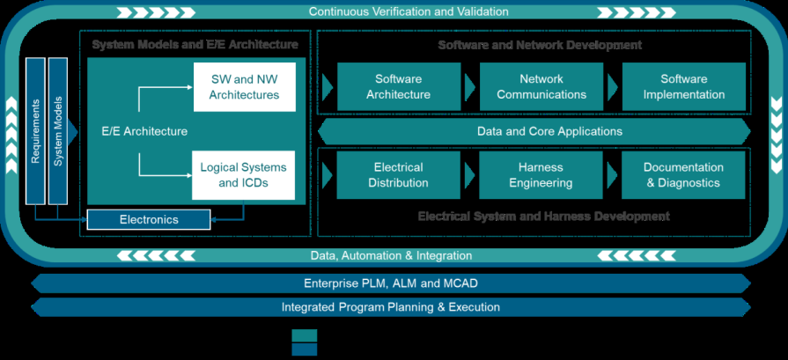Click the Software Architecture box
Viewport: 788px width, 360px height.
coord(398,86)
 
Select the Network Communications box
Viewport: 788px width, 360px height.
coord(541,86)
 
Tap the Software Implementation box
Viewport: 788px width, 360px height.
coord(683,86)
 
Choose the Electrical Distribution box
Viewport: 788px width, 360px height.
coord(398,175)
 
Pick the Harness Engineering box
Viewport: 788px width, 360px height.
coord(541,175)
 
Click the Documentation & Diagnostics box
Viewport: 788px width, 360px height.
coord(683,175)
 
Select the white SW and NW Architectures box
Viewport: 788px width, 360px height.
coord(245,86)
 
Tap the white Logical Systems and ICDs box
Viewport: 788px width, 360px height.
coord(243,175)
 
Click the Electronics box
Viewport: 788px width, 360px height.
coord(149,219)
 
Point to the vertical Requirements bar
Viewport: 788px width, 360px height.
coord(36,131)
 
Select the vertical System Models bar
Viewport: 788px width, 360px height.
coord(58,131)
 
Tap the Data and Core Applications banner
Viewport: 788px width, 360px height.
coord(537,131)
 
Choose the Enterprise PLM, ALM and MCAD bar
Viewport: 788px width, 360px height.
coord(391,283)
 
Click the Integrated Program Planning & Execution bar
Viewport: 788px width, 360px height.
coord(391,307)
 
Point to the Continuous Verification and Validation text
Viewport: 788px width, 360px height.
coord(409,12)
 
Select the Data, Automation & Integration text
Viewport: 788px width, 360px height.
coord(391,256)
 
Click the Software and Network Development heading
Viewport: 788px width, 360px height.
coord(540,45)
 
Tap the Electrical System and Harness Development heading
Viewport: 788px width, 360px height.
coord(543,217)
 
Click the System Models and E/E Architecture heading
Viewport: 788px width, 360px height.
coord(195,45)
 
